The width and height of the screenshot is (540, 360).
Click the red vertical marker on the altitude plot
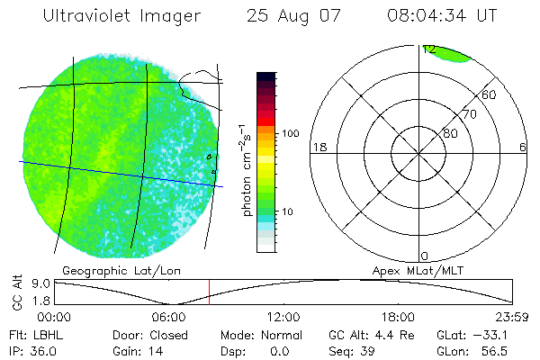click(x=209, y=292)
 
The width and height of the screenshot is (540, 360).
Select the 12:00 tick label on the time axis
click(x=283, y=316)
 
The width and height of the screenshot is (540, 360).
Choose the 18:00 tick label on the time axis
click(x=398, y=316)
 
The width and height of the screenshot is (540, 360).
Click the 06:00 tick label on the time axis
click(x=169, y=316)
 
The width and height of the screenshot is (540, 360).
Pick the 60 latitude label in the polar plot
click(x=490, y=94)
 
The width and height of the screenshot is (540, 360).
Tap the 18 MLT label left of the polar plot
click(x=318, y=147)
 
